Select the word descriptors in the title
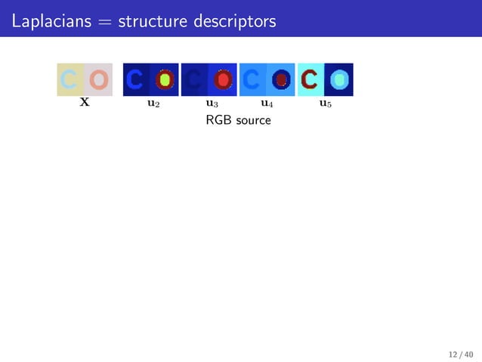[230, 21]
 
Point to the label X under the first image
[85, 103]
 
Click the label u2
[153, 104]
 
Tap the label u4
[267, 104]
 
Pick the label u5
[325, 104]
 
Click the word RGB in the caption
[218, 120]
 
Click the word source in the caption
[252, 121]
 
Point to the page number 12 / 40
[460, 354]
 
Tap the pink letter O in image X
[98, 79]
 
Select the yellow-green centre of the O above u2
[165, 79]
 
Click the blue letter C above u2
[137, 79]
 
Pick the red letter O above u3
[222, 79]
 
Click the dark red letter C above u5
[311, 79]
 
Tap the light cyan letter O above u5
[339, 79]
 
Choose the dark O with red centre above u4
[281, 79]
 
